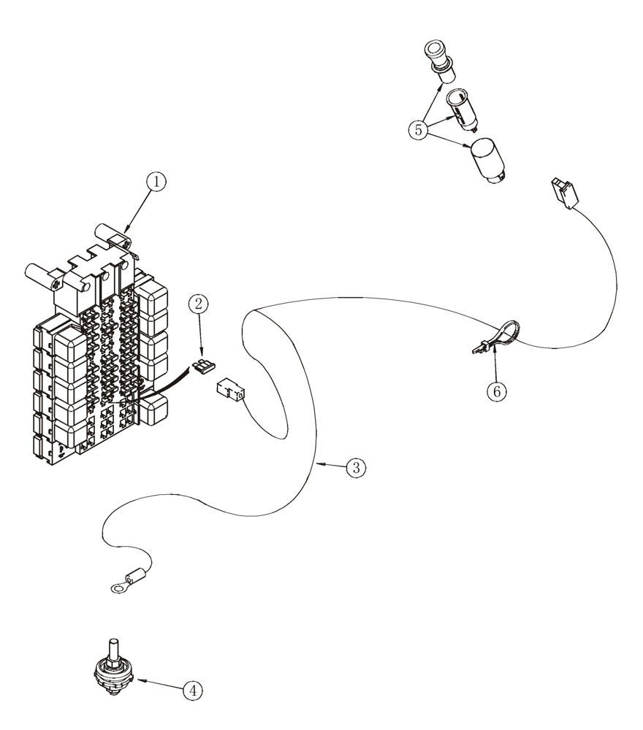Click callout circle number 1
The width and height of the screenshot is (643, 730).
point(156,182)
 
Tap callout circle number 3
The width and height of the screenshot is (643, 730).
point(356,467)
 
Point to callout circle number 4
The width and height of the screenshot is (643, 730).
point(192,691)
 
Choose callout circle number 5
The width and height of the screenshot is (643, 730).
point(418,130)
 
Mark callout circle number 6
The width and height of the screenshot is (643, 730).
point(496,391)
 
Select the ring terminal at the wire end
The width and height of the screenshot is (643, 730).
point(124,582)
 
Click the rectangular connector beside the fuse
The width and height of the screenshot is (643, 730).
point(229,390)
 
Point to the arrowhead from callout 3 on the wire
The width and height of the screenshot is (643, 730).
point(319,464)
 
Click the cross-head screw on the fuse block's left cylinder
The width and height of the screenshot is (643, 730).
point(55,278)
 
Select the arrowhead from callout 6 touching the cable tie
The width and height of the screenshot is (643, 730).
point(493,349)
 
